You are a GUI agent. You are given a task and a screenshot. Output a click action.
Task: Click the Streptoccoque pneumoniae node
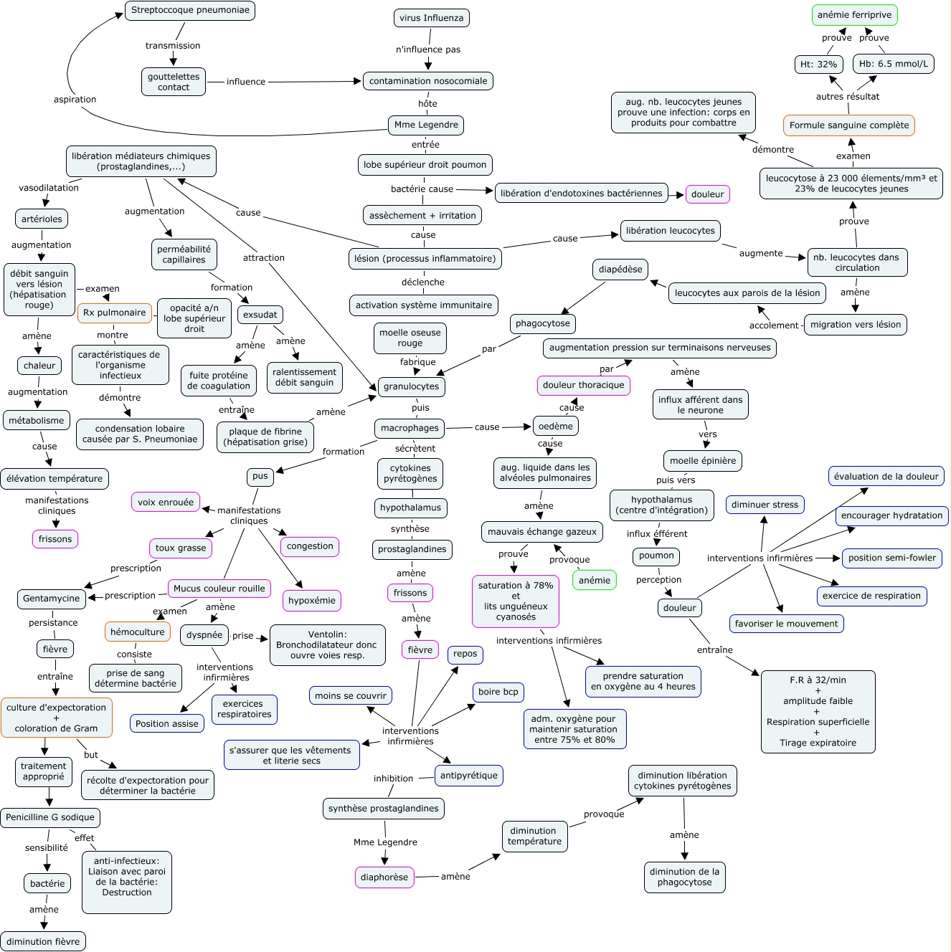pyautogui.click(x=190, y=11)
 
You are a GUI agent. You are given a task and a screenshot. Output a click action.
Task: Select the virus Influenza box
pyautogui.click(x=431, y=18)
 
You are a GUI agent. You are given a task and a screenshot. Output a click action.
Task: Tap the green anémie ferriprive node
pyautogui.click(x=854, y=15)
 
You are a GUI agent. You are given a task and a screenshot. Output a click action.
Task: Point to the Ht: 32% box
pyautogui.click(x=818, y=65)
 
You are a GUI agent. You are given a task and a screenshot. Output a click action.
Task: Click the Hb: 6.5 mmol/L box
pyautogui.click(x=893, y=64)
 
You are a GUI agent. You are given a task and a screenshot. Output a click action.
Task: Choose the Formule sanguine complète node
pyautogui.click(x=848, y=125)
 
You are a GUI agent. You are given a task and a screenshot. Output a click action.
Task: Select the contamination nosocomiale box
pyautogui.click(x=427, y=81)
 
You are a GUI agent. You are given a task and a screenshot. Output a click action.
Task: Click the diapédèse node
pyautogui.click(x=620, y=270)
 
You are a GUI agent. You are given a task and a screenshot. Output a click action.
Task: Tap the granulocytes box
pyautogui.click(x=411, y=386)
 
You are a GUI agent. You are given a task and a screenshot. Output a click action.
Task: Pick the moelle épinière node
pyautogui.click(x=702, y=461)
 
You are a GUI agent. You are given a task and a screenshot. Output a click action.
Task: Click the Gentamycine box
pyautogui.click(x=52, y=599)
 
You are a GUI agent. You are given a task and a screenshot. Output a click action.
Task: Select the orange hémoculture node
pyautogui.click(x=138, y=632)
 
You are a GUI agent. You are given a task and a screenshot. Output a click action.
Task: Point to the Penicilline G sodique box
pyautogui.click(x=50, y=818)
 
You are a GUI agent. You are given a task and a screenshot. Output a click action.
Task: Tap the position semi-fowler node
pyautogui.click(x=891, y=558)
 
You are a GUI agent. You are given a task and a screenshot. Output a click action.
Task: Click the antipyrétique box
pyautogui.click(x=469, y=776)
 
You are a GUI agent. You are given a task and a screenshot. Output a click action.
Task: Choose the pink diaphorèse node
pyautogui.click(x=384, y=877)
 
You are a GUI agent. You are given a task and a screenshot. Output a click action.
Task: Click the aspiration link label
pyautogui.click(x=75, y=100)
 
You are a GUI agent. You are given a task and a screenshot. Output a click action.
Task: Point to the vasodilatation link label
pyautogui.click(x=49, y=188)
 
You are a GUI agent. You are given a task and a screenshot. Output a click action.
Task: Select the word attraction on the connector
pyautogui.click(x=263, y=258)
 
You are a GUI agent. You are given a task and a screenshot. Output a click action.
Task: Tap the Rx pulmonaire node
pyautogui.click(x=114, y=313)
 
